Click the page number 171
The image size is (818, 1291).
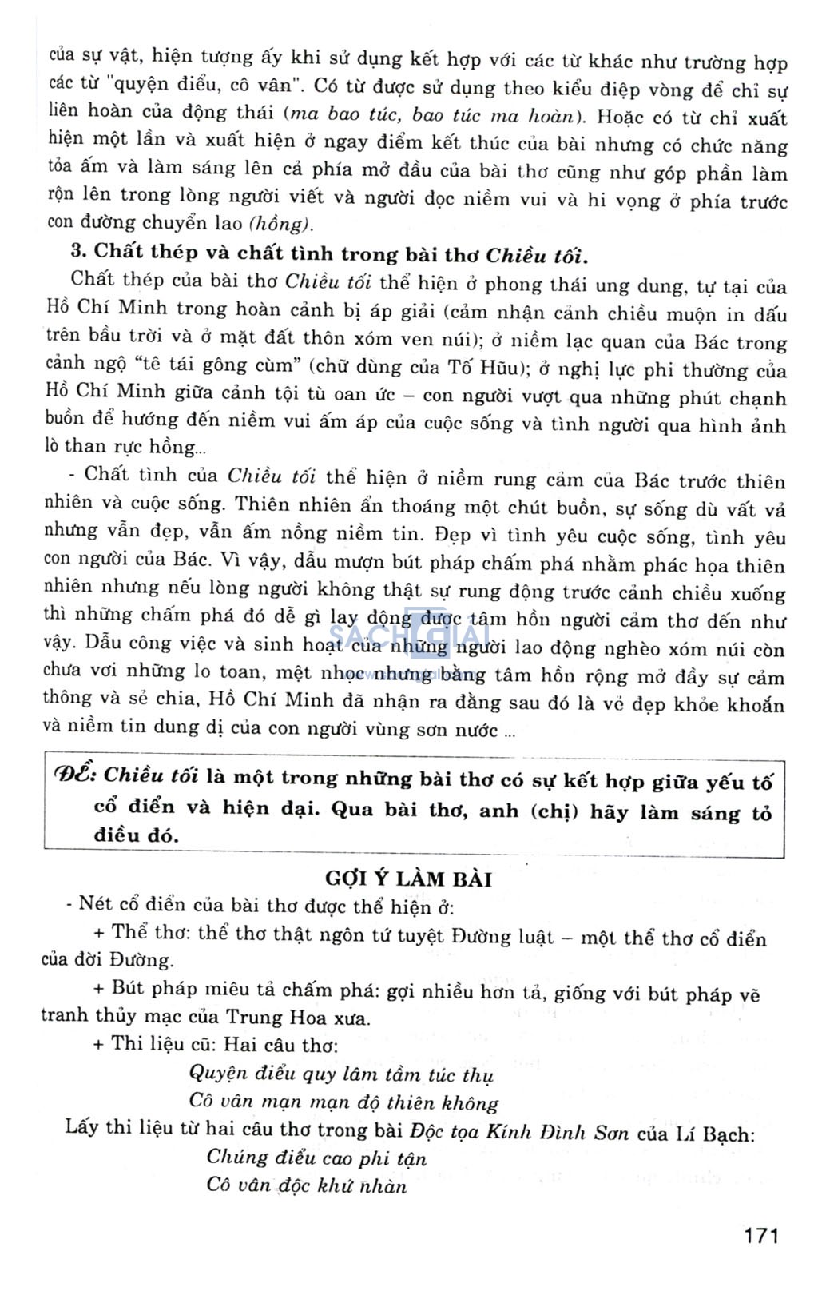coord(760,1235)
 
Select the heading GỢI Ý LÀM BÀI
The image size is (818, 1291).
coord(408,879)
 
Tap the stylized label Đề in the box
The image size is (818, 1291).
coord(76,775)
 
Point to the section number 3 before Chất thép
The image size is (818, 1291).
coord(77,251)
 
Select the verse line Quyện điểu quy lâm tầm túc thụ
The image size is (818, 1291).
coord(341,1074)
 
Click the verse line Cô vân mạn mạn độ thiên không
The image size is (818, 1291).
coord(343,1102)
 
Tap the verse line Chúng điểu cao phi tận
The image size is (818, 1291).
coord(316,1158)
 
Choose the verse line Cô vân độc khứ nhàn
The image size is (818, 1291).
coord(307,1185)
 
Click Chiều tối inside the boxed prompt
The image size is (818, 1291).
coord(151,775)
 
